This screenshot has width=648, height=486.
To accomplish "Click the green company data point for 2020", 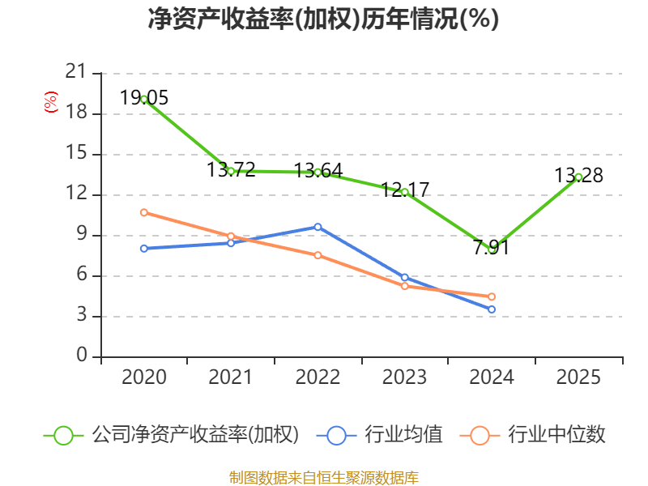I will pos(143,99).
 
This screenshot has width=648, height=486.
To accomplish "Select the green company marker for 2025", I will pos(578,177).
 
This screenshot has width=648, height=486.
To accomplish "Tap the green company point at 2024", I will pos(492,249).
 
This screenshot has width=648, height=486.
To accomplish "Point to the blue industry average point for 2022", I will pos(318,227).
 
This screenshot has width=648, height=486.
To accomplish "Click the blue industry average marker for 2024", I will pos(492,309).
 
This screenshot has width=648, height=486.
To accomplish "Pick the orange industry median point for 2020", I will pos(143,212).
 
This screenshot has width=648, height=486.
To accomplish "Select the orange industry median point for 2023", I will pos(404,286).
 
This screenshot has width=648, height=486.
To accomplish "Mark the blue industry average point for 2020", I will pos(143,249).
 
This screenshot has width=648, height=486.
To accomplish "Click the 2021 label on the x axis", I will pos(231,377).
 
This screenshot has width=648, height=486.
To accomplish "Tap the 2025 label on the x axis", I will pos(578,377).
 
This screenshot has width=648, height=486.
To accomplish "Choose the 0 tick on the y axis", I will pos(81,356).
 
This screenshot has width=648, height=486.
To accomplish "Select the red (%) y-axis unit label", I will pos(50,103).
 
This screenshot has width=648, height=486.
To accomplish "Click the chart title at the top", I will pos(324,19).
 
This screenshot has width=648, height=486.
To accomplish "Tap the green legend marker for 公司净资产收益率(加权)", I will pos(63,435).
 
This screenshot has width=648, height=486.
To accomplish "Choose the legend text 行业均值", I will pos(403,435).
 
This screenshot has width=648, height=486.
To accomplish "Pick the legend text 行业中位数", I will pos(556,435).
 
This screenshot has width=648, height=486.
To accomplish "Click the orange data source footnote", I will pos(324,477).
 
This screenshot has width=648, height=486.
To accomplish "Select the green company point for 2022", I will pos(318,172).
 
